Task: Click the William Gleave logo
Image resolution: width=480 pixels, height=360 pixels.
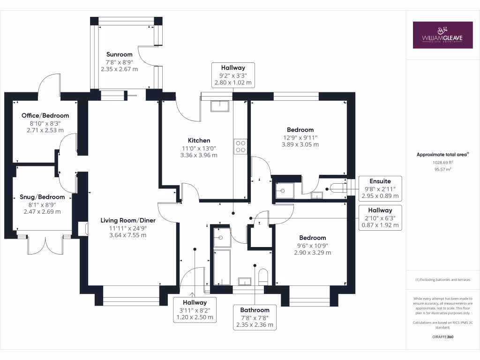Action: tap(442, 35)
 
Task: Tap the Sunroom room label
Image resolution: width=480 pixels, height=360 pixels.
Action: tap(119, 54)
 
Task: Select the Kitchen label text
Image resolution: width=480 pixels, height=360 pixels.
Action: tap(199, 140)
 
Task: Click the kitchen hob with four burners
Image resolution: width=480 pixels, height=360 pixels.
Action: tap(240, 147)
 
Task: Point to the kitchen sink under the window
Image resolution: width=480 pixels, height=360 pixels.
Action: tap(219, 106)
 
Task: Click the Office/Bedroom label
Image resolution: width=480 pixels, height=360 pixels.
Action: tap(45, 115)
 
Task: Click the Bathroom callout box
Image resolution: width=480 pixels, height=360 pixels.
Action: tap(255, 317)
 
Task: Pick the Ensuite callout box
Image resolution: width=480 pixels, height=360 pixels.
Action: tap(379, 188)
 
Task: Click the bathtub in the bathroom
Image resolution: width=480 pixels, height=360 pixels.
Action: tap(222, 267)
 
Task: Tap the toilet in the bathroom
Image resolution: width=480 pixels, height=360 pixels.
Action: tap(263, 277)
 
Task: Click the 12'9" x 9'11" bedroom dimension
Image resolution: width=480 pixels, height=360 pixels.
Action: tap(300, 137)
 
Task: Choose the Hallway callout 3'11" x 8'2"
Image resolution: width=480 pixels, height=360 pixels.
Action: tap(195, 310)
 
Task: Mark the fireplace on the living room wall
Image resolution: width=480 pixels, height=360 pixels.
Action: tap(83, 228)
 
